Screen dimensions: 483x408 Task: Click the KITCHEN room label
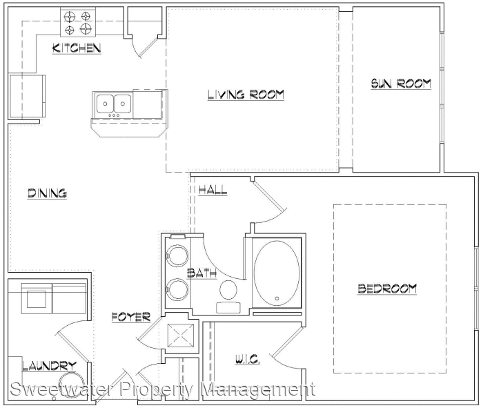tap(77, 48)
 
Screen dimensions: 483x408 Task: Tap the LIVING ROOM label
tap(246, 95)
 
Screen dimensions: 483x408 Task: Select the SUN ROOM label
tap(401, 84)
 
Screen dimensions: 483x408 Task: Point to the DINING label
tap(47, 193)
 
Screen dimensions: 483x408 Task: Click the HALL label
tap(213, 190)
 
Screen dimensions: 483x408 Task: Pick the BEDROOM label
tap(387, 289)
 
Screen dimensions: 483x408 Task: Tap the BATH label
tap(201, 273)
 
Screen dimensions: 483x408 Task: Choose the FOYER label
tap(131, 317)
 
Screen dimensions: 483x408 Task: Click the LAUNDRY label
tap(49, 366)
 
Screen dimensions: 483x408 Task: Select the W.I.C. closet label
tap(248, 359)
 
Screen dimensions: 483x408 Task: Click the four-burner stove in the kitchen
tap(77, 22)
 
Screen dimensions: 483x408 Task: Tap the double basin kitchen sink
tap(114, 104)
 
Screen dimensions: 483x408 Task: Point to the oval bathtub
tap(277, 273)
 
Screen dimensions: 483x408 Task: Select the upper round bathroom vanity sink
tap(177, 255)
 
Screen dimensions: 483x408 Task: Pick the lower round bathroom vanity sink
tap(177, 289)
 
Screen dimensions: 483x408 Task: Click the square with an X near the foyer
tap(181, 335)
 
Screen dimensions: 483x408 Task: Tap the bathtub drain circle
tap(277, 298)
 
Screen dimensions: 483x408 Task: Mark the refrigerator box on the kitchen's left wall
tap(28, 96)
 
